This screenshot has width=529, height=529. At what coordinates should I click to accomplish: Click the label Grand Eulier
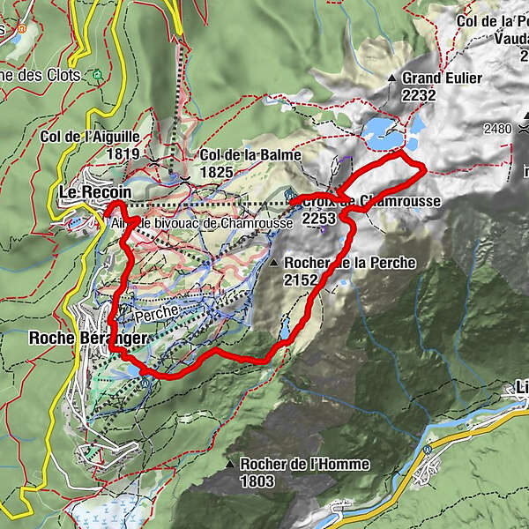tap(442, 78)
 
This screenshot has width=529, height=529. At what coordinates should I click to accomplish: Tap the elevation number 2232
tap(420, 96)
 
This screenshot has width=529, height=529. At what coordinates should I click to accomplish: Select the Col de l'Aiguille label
tap(90, 137)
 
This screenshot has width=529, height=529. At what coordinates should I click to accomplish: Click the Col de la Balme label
tap(250, 155)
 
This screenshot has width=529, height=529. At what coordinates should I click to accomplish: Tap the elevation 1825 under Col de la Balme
tap(217, 172)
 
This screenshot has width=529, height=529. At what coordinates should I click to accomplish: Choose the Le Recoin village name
tap(94, 192)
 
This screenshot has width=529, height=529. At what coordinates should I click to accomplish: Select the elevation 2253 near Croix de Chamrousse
tap(318, 217)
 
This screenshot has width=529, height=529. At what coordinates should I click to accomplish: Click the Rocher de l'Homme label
tap(304, 465)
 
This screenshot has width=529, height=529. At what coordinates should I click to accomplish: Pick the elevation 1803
tap(257, 481)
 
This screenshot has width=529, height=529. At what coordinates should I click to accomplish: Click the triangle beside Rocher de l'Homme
tap(229, 465)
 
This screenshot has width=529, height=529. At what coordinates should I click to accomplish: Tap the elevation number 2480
tap(497, 129)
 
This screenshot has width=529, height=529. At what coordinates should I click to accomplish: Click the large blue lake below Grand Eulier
tap(384, 133)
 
